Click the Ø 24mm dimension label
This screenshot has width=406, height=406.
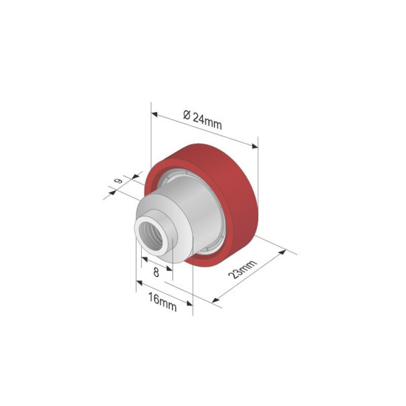point(201,120)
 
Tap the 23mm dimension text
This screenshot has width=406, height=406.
point(241,269)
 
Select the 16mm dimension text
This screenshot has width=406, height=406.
point(162,301)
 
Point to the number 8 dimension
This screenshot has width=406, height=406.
point(156,272)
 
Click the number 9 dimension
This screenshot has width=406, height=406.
point(118,182)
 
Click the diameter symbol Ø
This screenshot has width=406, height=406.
point(186,117)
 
